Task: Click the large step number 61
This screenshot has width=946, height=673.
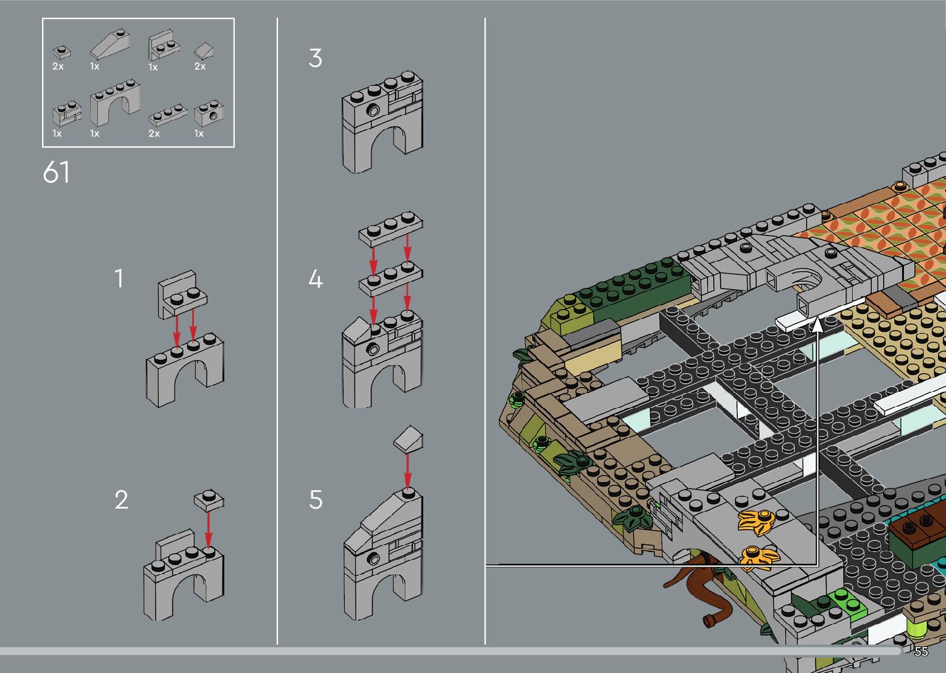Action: click(56, 172)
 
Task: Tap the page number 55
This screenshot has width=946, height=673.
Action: click(921, 651)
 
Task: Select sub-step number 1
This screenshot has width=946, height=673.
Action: click(119, 279)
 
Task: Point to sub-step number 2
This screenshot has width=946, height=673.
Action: click(121, 500)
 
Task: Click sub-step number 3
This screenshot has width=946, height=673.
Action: click(316, 58)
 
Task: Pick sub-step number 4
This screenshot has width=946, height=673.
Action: click(316, 279)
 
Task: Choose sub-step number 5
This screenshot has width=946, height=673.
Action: click(316, 500)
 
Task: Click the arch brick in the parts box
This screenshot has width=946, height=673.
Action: click(115, 103)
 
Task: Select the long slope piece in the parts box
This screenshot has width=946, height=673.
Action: click(110, 43)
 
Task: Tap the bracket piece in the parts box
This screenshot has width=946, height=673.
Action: click(164, 45)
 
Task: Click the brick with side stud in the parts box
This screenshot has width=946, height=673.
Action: click(209, 113)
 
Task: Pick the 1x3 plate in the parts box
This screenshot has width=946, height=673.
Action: click(167, 115)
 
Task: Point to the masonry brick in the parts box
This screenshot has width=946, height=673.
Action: click(67, 113)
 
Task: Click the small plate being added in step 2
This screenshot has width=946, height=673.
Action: click(209, 499)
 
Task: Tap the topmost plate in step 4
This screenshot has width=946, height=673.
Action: click(391, 229)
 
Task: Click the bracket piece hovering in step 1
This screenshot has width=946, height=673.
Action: click(182, 294)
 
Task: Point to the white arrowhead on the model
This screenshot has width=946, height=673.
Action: click(817, 324)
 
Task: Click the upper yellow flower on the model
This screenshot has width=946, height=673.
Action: click(756, 522)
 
